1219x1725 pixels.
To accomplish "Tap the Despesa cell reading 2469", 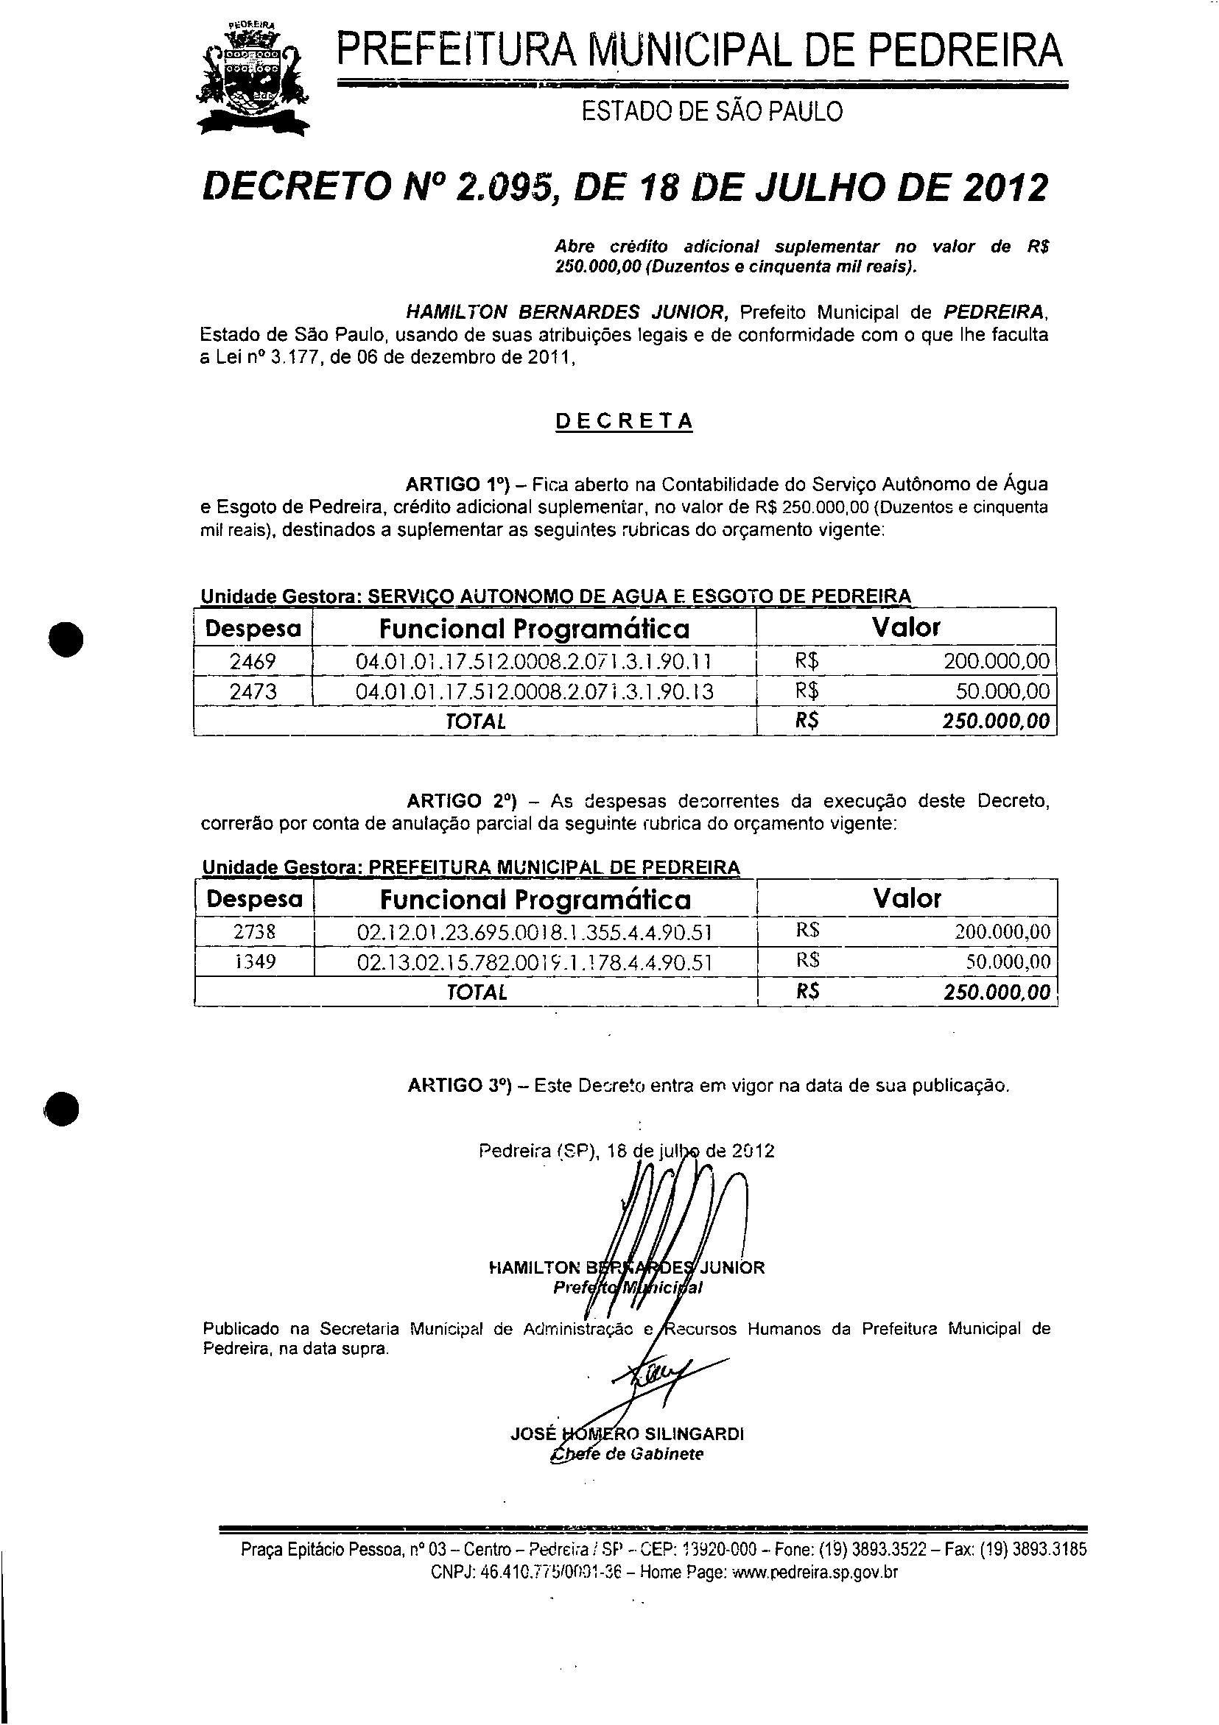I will click(x=253, y=662).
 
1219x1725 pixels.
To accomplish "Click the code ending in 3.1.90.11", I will click(x=533, y=662).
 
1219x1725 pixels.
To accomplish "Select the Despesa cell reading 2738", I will click(x=254, y=932).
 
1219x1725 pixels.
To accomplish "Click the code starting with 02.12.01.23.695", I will click(x=534, y=933).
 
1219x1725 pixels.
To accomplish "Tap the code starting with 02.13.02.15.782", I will click(x=534, y=962).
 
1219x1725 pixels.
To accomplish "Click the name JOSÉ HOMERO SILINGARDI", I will click(x=627, y=1434).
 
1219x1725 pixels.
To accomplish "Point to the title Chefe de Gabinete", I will click(x=627, y=1455).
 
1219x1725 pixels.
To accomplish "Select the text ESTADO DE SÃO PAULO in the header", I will click(x=712, y=112).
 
